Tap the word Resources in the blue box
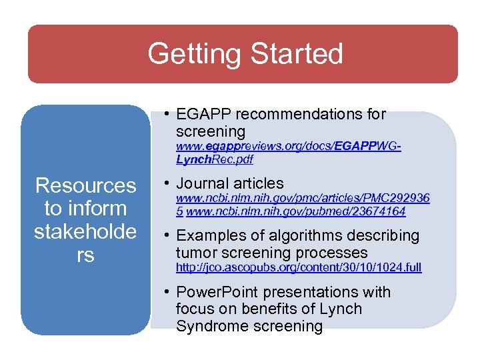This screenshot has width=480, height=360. (85, 185)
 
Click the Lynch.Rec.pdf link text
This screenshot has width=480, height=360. (214, 159)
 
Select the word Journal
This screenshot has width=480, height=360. (204, 183)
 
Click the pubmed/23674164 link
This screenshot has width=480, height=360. (296, 212)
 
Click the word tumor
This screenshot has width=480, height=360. (194, 253)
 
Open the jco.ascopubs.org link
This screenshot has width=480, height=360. (298, 267)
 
